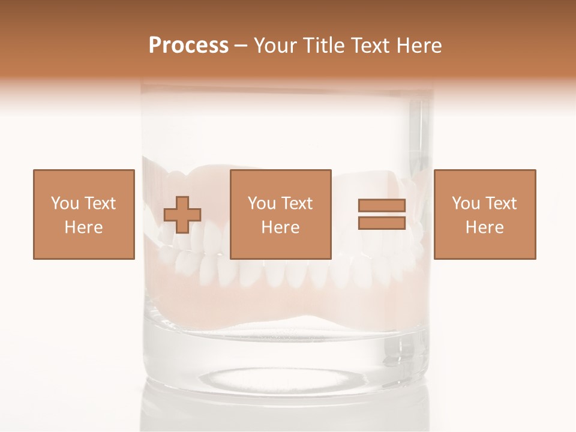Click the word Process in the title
[188, 46]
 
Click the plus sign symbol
[182, 215]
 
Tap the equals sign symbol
[382, 214]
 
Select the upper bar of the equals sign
[382, 206]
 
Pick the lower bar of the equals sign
[382, 223]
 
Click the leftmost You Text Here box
[83, 214]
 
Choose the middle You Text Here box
[280, 214]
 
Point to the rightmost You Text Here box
[484, 214]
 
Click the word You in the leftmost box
[65, 203]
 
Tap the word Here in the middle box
[280, 227]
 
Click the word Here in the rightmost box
[484, 227]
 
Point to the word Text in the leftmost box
[100, 203]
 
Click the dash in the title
[241, 46]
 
